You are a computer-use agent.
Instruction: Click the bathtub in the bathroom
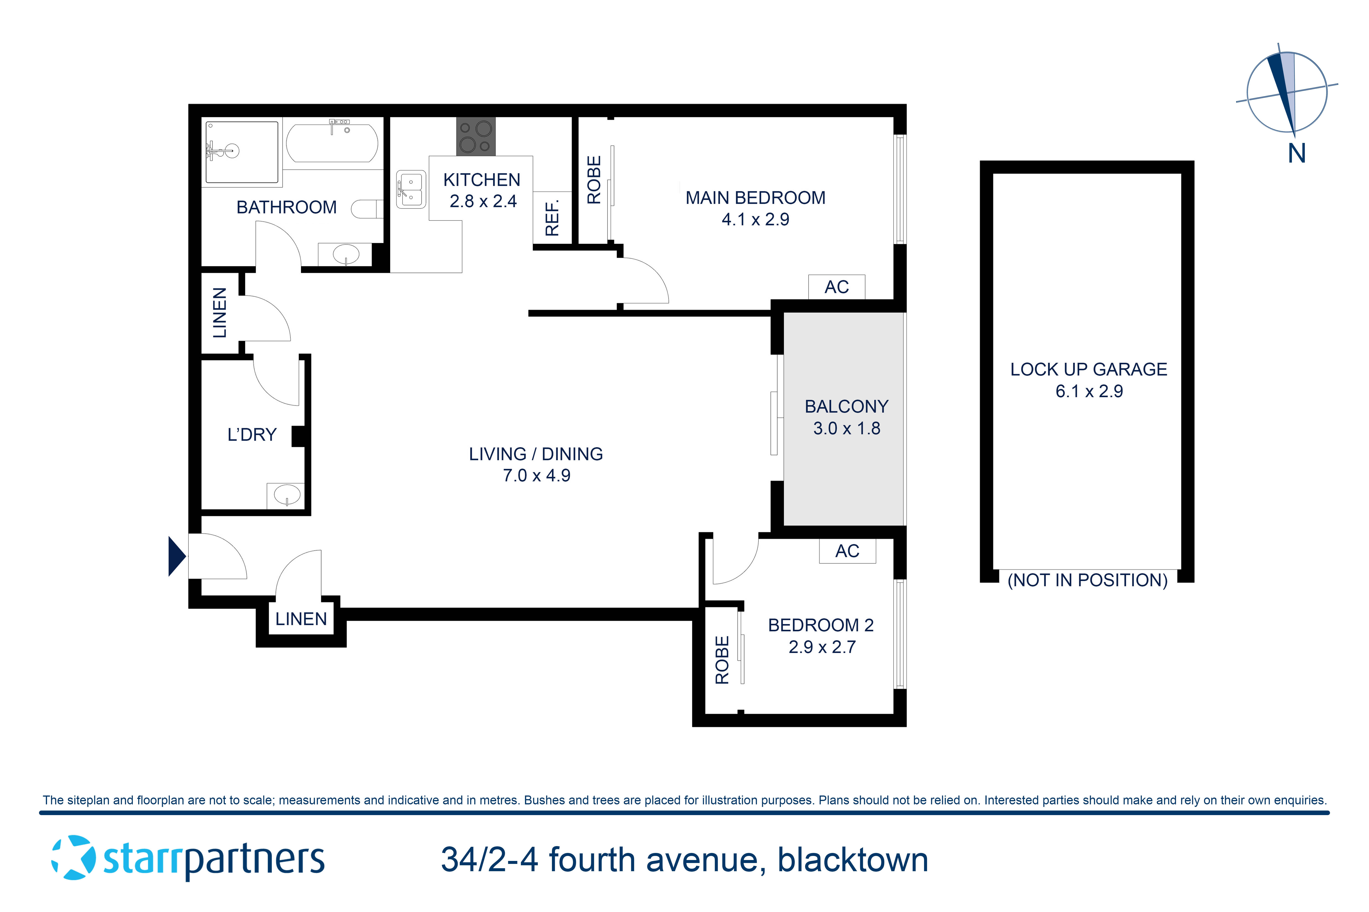(x=332, y=143)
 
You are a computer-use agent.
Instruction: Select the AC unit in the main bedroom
(x=836, y=287)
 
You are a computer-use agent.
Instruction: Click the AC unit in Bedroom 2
(x=847, y=551)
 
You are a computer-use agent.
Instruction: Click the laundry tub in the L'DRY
(x=286, y=495)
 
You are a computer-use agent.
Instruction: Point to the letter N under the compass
(x=1296, y=153)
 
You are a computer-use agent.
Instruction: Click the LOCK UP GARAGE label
(x=1088, y=369)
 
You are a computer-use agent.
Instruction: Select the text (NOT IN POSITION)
(x=1087, y=580)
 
